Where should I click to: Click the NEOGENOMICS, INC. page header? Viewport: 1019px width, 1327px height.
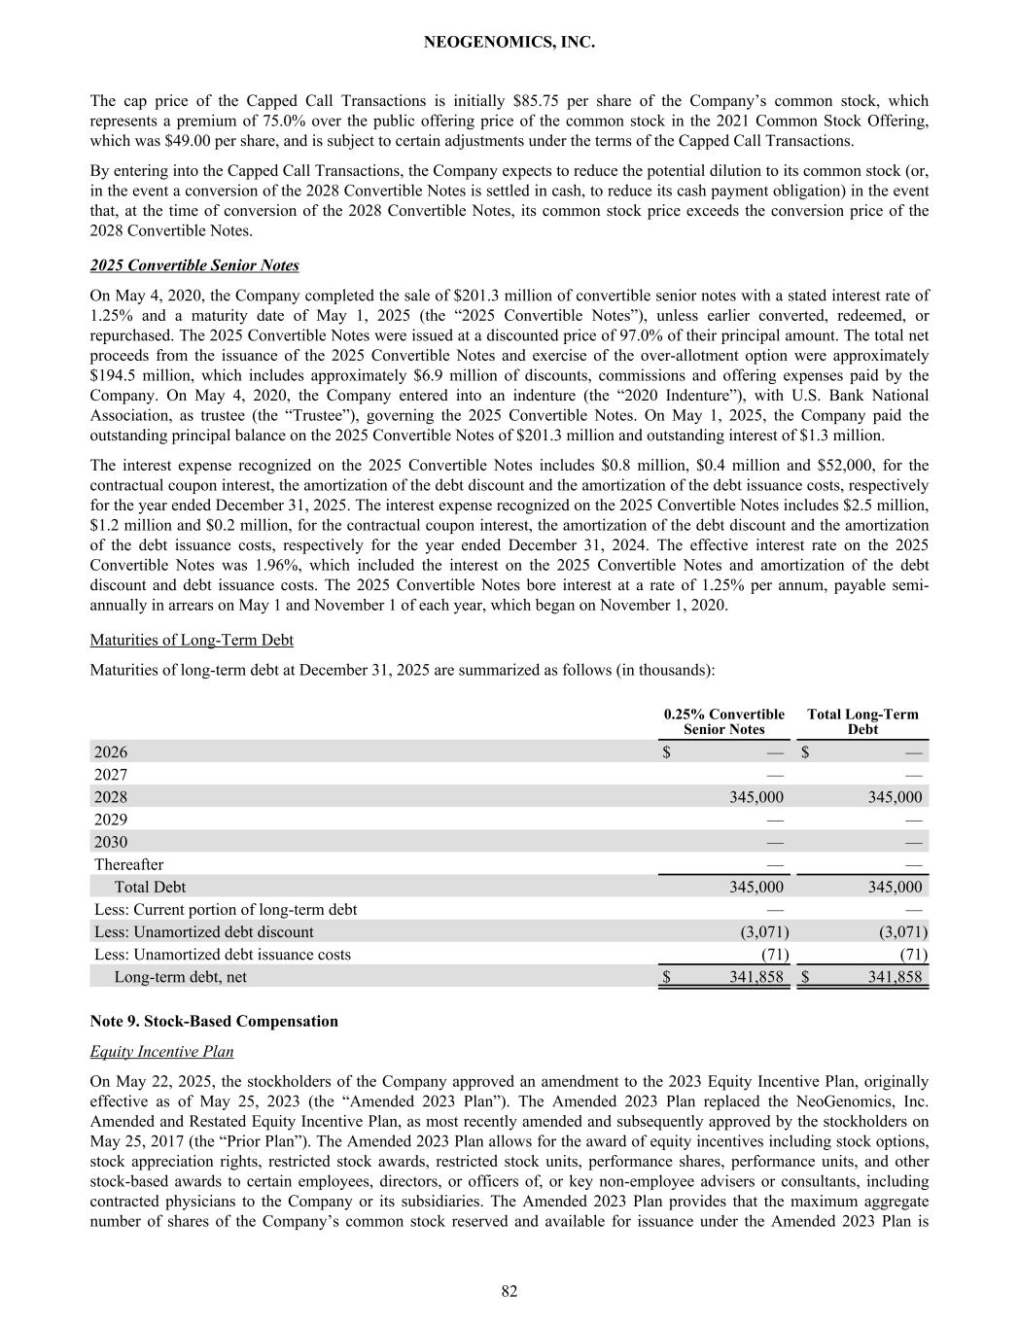(509, 43)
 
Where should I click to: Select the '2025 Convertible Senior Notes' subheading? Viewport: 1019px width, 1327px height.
(194, 265)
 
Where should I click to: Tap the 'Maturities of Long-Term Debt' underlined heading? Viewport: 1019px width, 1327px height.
(192, 640)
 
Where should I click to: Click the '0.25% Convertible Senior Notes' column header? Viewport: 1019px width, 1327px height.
(723, 721)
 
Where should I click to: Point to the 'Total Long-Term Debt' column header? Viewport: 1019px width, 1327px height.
(862, 721)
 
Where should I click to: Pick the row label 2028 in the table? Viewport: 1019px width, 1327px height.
(111, 797)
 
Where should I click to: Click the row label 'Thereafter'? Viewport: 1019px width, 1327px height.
(128, 864)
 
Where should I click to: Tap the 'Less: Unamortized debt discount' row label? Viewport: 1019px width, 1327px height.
(204, 931)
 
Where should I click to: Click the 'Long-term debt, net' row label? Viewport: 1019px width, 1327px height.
(181, 976)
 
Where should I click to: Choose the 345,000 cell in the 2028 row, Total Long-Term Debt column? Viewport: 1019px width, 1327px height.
(895, 797)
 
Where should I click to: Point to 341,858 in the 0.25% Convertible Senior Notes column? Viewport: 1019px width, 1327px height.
(756, 976)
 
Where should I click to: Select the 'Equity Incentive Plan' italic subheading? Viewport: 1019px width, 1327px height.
(161, 1052)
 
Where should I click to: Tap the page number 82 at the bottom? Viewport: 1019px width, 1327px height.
(509, 1291)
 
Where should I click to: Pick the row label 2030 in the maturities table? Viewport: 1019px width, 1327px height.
(111, 842)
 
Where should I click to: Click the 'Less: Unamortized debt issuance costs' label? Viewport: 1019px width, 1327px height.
(223, 954)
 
